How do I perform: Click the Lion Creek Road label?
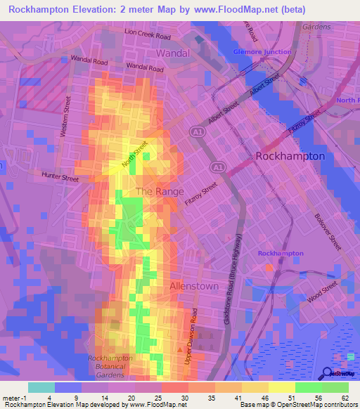pos(148,34)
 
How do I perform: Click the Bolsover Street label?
pos(328,233)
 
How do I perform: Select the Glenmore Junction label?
pos(262,51)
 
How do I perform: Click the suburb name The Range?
pos(160,191)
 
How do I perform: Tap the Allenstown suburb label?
pos(194,287)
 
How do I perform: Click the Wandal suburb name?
pos(173,53)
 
